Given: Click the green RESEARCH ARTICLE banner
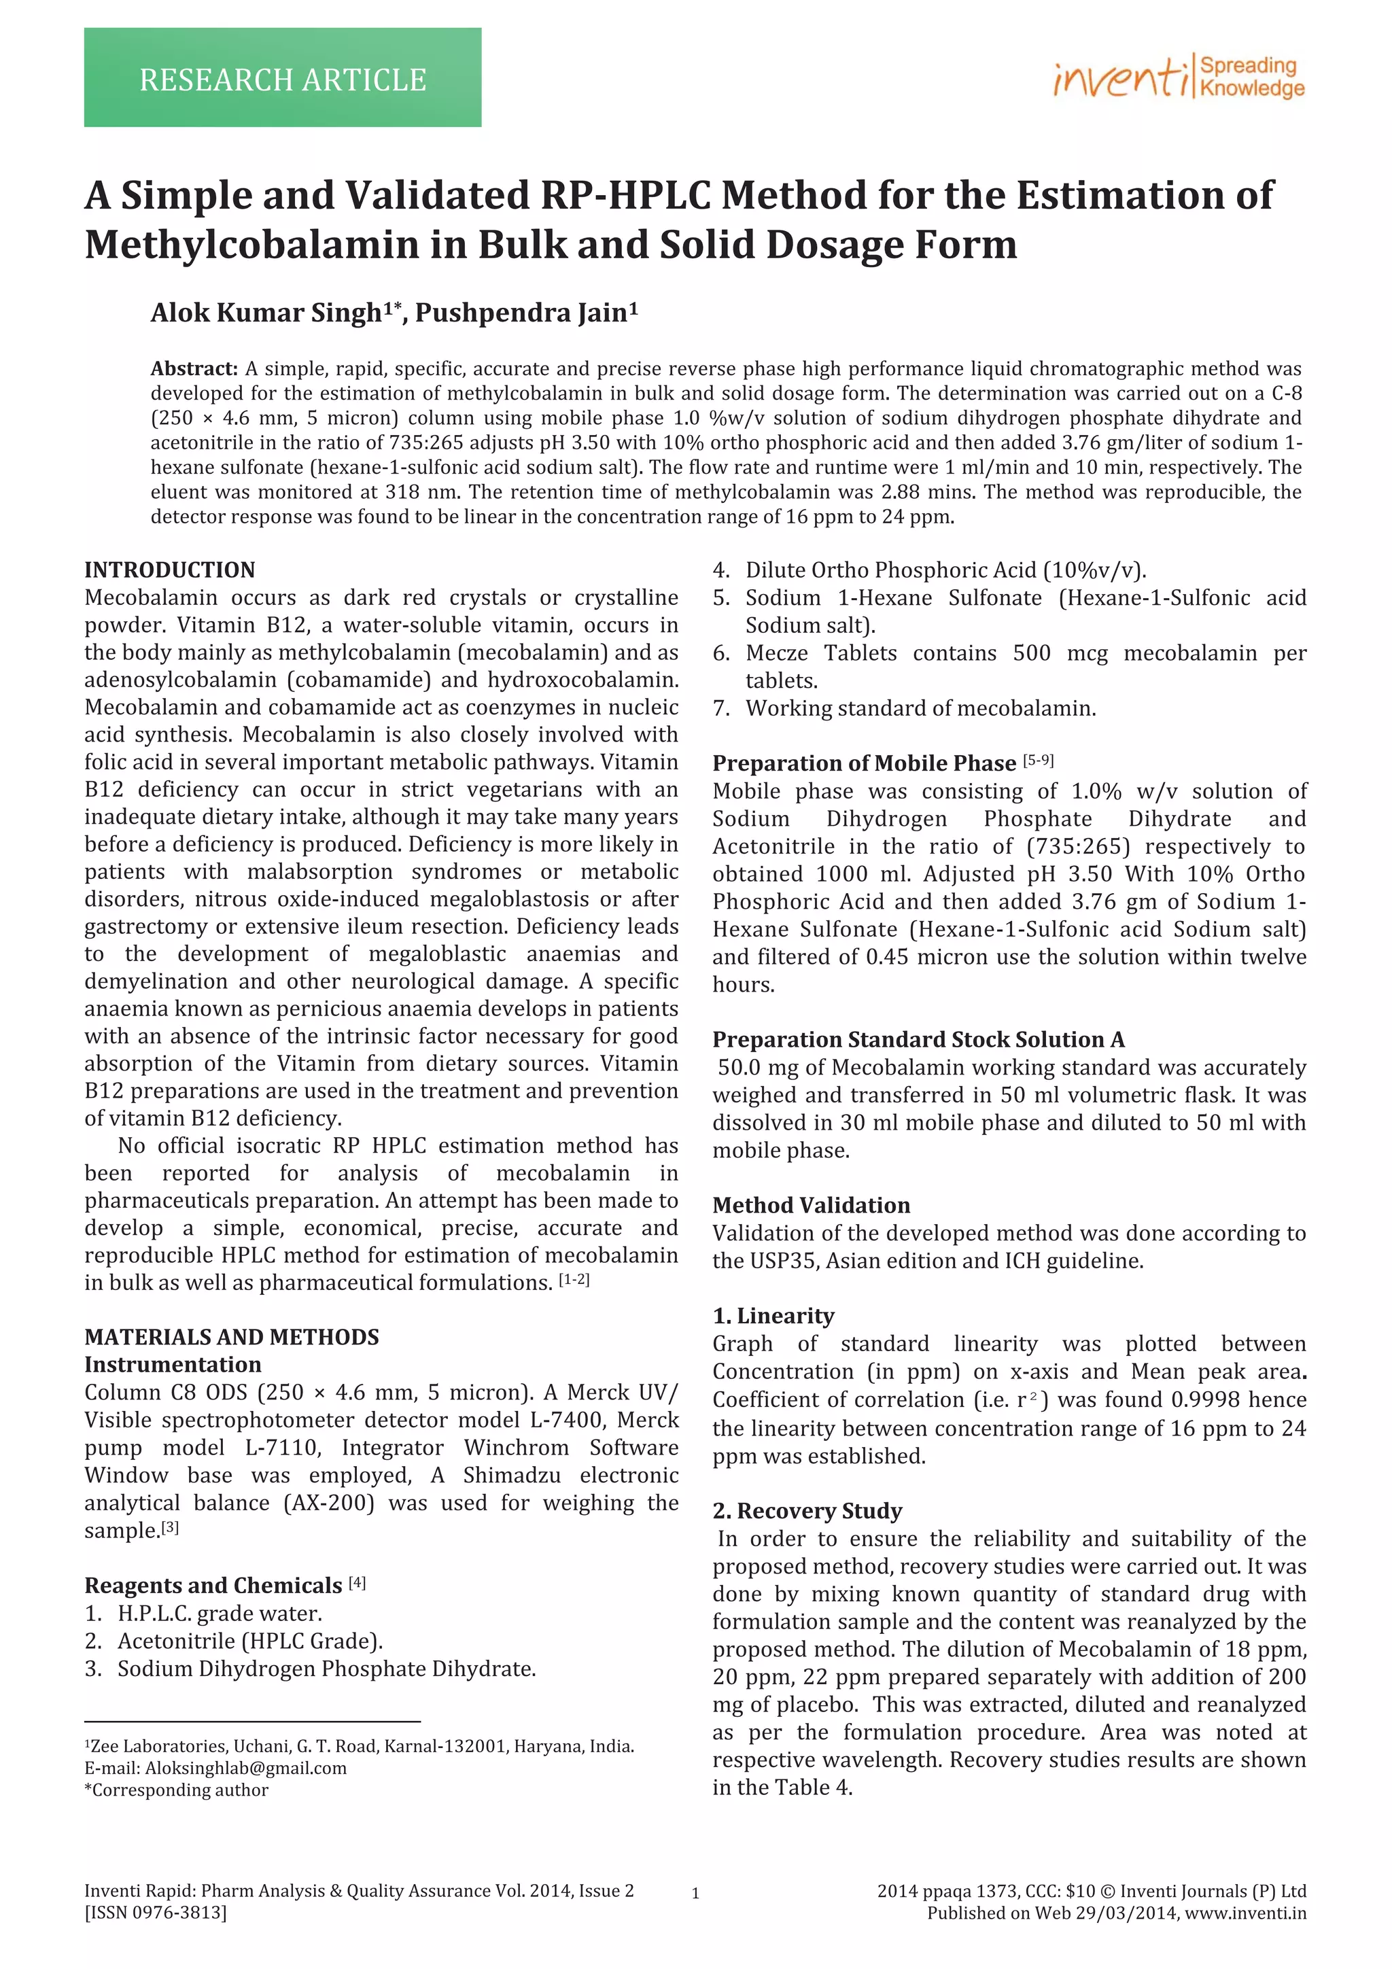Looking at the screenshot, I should pos(282,78).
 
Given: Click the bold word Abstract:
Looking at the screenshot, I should pos(194,369).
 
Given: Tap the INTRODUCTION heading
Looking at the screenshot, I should pos(170,570).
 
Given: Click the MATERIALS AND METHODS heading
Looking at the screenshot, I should pos(232,1337).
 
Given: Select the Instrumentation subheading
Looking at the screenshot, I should pos(173,1364).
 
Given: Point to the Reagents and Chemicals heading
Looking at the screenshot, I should pos(213,1585).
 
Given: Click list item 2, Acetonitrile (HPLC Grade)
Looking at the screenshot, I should pos(249,1641).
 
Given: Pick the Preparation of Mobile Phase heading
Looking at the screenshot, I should pos(864,763).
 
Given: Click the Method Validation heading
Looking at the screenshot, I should pos(810,1205).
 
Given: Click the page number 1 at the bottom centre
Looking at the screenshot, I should pos(695,1894).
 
